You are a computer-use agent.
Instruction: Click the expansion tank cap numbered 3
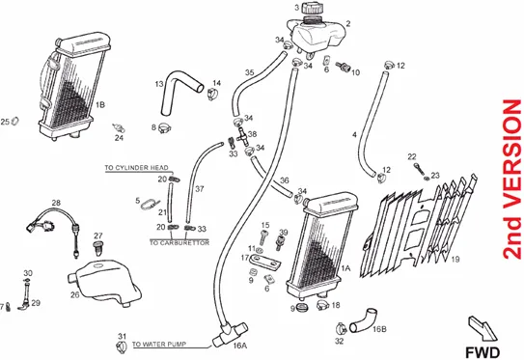[312, 9]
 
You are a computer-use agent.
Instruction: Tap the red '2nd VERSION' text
[512, 180]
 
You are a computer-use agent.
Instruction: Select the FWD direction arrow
[483, 328]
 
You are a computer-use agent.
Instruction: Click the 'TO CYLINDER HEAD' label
[136, 168]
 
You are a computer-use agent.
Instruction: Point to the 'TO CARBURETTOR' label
[179, 242]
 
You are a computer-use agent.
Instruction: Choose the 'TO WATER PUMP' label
[159, 344]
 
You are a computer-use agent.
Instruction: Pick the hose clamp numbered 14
[213, 94]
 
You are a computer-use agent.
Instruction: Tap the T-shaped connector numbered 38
[242, 136]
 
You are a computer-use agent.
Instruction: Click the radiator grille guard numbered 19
[420, 228]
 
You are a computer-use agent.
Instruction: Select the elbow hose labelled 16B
[363, 320]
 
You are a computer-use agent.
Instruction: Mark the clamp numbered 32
[342, 329]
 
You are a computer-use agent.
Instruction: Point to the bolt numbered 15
[264, 237]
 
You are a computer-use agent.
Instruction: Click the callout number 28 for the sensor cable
[56, 203]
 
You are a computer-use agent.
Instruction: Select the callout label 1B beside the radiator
[100, 104]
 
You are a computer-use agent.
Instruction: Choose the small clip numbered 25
[14, 121]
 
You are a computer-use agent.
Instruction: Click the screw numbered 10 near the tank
[343, 67]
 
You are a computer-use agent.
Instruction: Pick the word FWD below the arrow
[483, 352]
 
